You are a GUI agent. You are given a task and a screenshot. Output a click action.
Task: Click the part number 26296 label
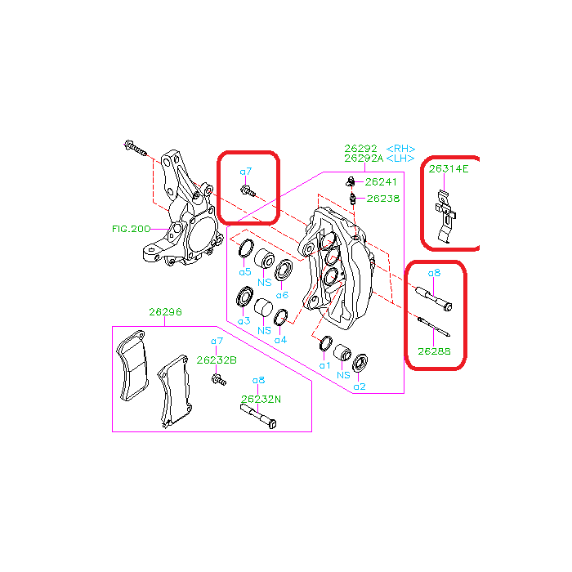pos(165,312)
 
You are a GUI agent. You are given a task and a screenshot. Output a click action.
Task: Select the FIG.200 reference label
pos(131,229)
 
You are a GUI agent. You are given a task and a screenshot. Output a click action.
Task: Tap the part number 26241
pos(381,181)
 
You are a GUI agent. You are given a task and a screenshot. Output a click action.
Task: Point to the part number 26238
pos(383,199)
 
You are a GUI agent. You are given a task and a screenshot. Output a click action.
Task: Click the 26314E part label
pos(449,169)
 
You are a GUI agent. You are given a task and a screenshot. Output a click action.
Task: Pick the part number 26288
pos(434,351)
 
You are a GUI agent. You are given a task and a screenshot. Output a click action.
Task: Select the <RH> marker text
pos(400,149)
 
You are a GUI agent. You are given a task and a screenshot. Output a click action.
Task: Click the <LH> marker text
pos(400,159)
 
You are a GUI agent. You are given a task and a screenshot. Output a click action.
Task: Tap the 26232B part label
pos(217,360)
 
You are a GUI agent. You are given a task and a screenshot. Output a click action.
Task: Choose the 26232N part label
pos(261,400)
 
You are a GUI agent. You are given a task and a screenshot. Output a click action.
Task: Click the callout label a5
pos(245,272)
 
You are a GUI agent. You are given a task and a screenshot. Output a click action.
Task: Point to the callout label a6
pos(283,295)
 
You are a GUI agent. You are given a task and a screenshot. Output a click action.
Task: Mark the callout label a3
pos(244,321)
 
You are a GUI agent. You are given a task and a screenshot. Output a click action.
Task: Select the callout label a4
pos(280,340)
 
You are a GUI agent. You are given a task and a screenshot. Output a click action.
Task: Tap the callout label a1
pos(324,365)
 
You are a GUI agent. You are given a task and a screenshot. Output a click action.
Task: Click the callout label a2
pos(360,387)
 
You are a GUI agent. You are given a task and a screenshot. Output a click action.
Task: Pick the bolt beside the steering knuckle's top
pos(136,148)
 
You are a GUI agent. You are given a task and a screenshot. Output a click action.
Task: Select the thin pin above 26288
pos(434,327)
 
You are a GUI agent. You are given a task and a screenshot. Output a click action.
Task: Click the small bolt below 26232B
pos(219,380)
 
